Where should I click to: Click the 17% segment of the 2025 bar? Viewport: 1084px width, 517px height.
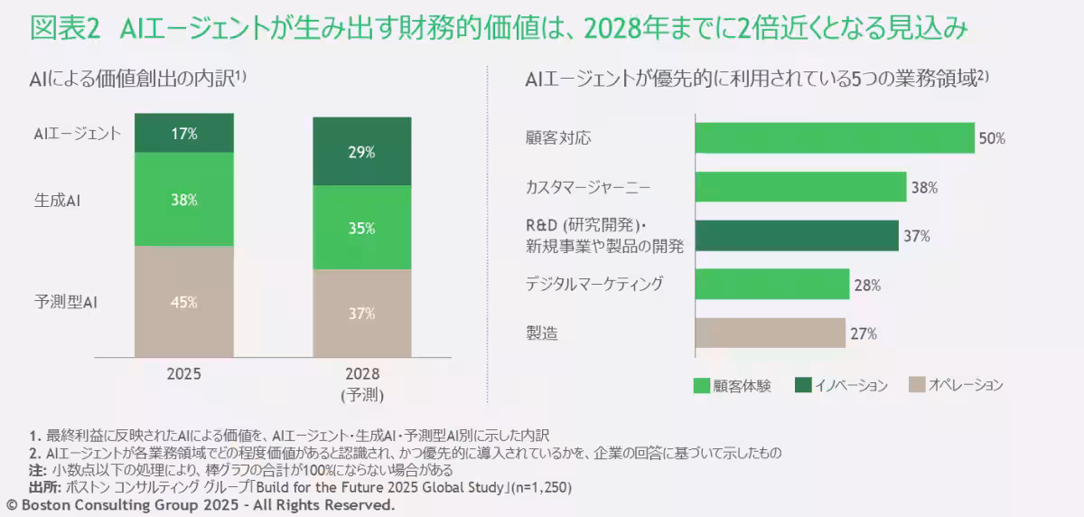point(184,133)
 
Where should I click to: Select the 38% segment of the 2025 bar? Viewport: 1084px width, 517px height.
point(184,200)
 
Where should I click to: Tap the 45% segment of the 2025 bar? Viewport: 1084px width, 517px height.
point(184,302)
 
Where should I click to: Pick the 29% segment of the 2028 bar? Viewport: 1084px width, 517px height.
point(361,152)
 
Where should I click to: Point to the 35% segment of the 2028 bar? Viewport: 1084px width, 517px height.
point(361,228)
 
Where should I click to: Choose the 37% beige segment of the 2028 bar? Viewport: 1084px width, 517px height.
point(361,314)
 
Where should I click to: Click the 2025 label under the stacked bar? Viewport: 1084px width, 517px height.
point(184,373)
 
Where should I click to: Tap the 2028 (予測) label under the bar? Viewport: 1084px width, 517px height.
point(361,383)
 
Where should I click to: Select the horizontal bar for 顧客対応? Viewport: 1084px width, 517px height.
point(835,138)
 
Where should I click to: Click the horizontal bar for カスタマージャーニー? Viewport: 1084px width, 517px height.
point(800,188)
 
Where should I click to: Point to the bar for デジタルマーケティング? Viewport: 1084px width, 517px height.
point(772,285)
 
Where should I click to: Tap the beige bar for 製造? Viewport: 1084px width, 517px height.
point(770,334)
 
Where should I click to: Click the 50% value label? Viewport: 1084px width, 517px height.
point(992,139)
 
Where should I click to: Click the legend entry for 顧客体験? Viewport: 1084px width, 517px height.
point(733,385)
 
